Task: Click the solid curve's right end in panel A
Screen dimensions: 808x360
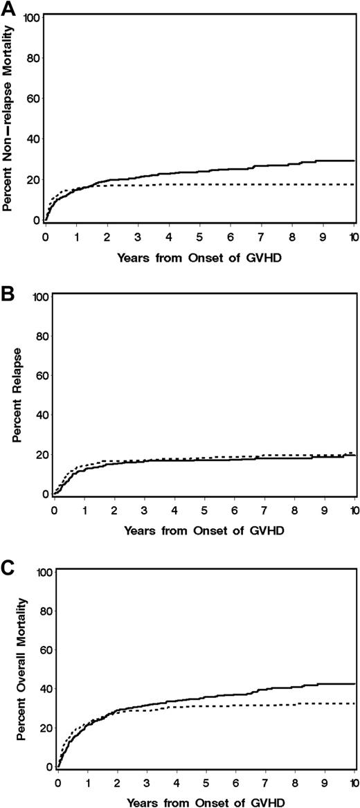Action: pos(354,161)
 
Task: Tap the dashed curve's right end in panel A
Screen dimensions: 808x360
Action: pos(354,184)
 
